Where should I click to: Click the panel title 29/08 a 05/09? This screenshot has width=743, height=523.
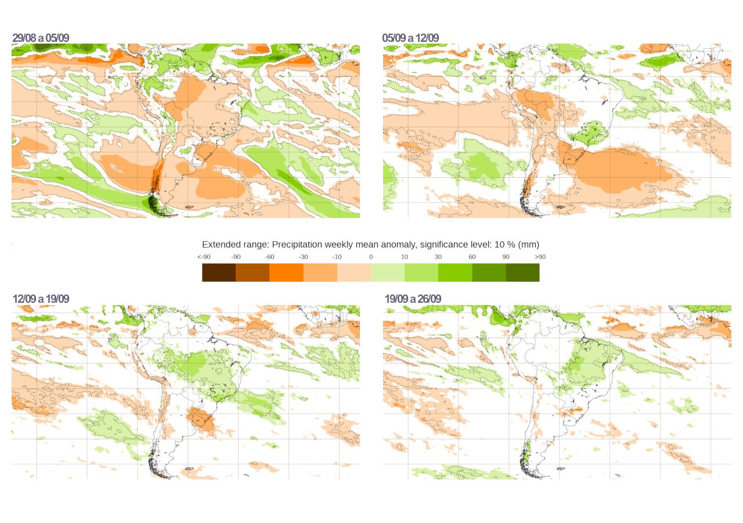pos(41,38)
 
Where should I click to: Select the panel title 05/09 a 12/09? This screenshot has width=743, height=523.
pos(410,38)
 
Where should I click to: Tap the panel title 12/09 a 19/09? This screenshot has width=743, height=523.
pos(41,299)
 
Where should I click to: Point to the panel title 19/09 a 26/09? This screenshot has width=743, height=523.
pos(413,299)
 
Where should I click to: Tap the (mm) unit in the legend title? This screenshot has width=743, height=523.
pos(529,245)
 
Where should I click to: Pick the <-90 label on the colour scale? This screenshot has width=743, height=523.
pos(204,257)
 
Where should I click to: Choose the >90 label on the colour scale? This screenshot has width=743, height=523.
pos(540,257)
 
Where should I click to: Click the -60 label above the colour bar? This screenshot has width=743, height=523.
pos(270,257)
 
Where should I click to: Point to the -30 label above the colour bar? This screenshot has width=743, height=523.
pos(304,257)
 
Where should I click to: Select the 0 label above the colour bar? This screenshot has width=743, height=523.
pos(371,257)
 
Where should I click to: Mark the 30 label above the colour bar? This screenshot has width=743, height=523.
pos(438,257)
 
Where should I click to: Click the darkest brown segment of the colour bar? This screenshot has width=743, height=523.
pos(219,273)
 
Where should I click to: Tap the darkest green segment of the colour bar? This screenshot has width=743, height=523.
pos(522,273)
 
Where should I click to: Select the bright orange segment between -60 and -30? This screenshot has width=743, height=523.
pos(286,273)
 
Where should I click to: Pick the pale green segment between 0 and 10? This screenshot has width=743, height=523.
pos(387,273)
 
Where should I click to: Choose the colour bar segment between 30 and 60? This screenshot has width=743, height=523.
pos(455,273)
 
